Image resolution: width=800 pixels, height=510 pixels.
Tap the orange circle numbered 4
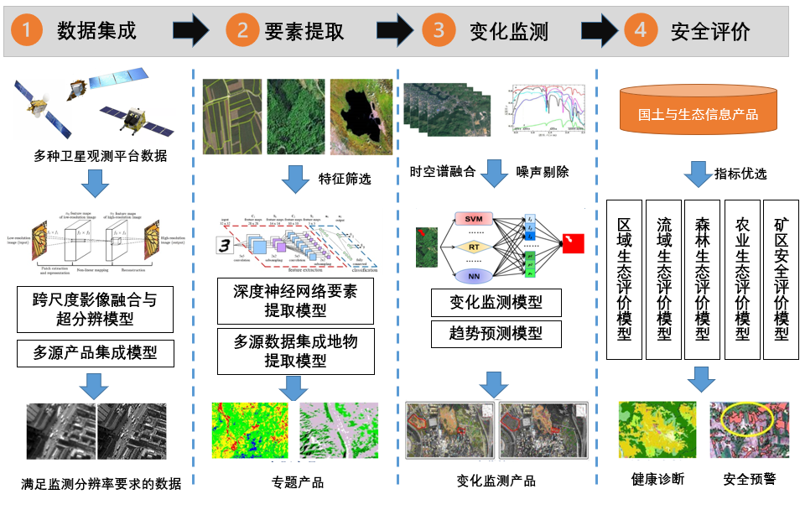(641, 32)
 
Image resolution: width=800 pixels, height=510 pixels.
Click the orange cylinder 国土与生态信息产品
(698, 113)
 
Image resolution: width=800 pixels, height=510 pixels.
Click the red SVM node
(474, 219)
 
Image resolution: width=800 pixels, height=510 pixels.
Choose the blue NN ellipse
(474, 274)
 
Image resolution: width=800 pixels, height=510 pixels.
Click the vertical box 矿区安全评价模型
(781, 279)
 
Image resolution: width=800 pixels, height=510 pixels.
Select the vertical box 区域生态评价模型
(624, 279)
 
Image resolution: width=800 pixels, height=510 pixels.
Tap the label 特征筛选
(344, 179)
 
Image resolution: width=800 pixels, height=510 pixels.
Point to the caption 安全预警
(749, 479)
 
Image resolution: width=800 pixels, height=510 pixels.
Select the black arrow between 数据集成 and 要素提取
(192, 32)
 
